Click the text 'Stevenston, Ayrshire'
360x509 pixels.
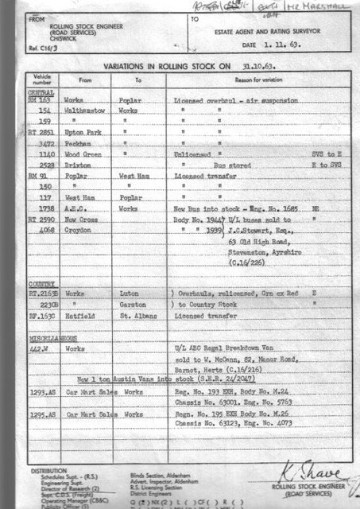(x=265, y=247)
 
